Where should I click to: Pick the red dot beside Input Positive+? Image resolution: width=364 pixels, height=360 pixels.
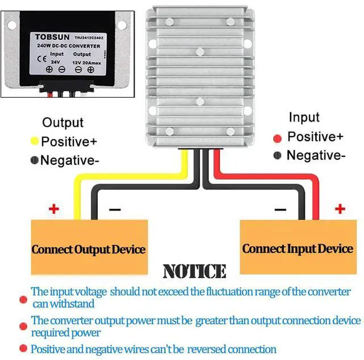(x=278, y=138)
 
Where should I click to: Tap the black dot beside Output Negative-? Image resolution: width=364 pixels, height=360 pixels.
(x=35, y=160)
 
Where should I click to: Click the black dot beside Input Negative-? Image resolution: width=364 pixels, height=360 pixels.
(x=278, y=156)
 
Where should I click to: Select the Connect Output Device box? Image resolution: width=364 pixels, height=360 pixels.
(x=88, y=249)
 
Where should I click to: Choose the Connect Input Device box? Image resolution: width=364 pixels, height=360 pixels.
(x=297, y=249)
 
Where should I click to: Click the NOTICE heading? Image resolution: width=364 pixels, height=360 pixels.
(x=194, y=271)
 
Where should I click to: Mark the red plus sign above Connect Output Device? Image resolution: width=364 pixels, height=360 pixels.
(x=53, y=209)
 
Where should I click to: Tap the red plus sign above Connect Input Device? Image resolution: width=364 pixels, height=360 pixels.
(x=340, y=209)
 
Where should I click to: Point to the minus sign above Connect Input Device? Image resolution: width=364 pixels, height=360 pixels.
(x=280, y=209)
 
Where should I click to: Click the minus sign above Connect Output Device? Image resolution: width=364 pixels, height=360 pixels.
(x=114, y=209)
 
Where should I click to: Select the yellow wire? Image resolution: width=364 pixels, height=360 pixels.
(x=136, y=173)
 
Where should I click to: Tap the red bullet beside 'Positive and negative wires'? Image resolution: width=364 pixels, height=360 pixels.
(x=23, y=349)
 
